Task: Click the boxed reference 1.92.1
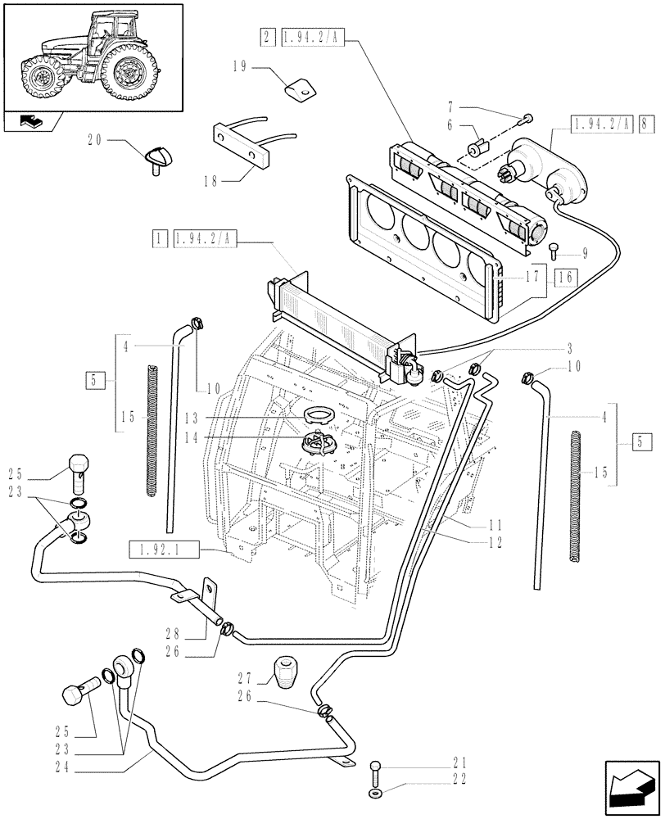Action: click(x=164, y=550)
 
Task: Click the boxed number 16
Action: click(x=563, y=278)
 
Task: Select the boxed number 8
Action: click(x=649, y=124)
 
